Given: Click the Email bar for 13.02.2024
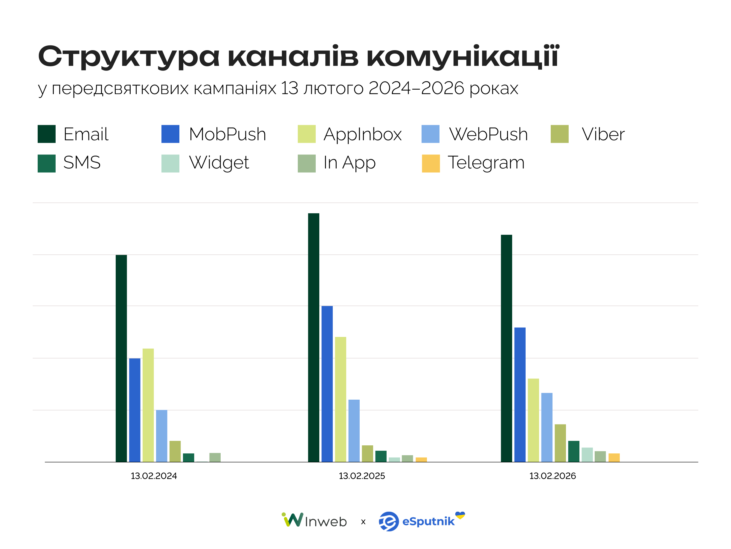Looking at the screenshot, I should [x=121, y=358].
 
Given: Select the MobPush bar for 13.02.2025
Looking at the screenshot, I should [x=327, y=384].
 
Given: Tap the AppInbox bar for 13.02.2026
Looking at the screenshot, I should [x=533, y=420].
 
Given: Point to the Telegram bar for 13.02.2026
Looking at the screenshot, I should [x=614, y=458].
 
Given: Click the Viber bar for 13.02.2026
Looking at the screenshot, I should [x=560, y=443].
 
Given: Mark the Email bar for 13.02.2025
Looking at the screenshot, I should [x=314, y=338].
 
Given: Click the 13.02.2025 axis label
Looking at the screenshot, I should [x=361, y=476].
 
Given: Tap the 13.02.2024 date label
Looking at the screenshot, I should [x=154, y=476].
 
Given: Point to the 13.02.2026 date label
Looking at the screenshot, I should [x=552, y=476].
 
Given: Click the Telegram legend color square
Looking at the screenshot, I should [x=431, y=163].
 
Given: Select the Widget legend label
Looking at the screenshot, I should [x=219, y=163].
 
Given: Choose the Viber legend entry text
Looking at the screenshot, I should [x=603, y=134].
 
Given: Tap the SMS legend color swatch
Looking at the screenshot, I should [x=47, y=163].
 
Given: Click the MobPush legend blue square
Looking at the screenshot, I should [x=170, y=134].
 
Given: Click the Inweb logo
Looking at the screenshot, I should [x=314, y=521].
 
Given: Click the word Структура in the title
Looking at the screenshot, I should [x=129, y=57].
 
